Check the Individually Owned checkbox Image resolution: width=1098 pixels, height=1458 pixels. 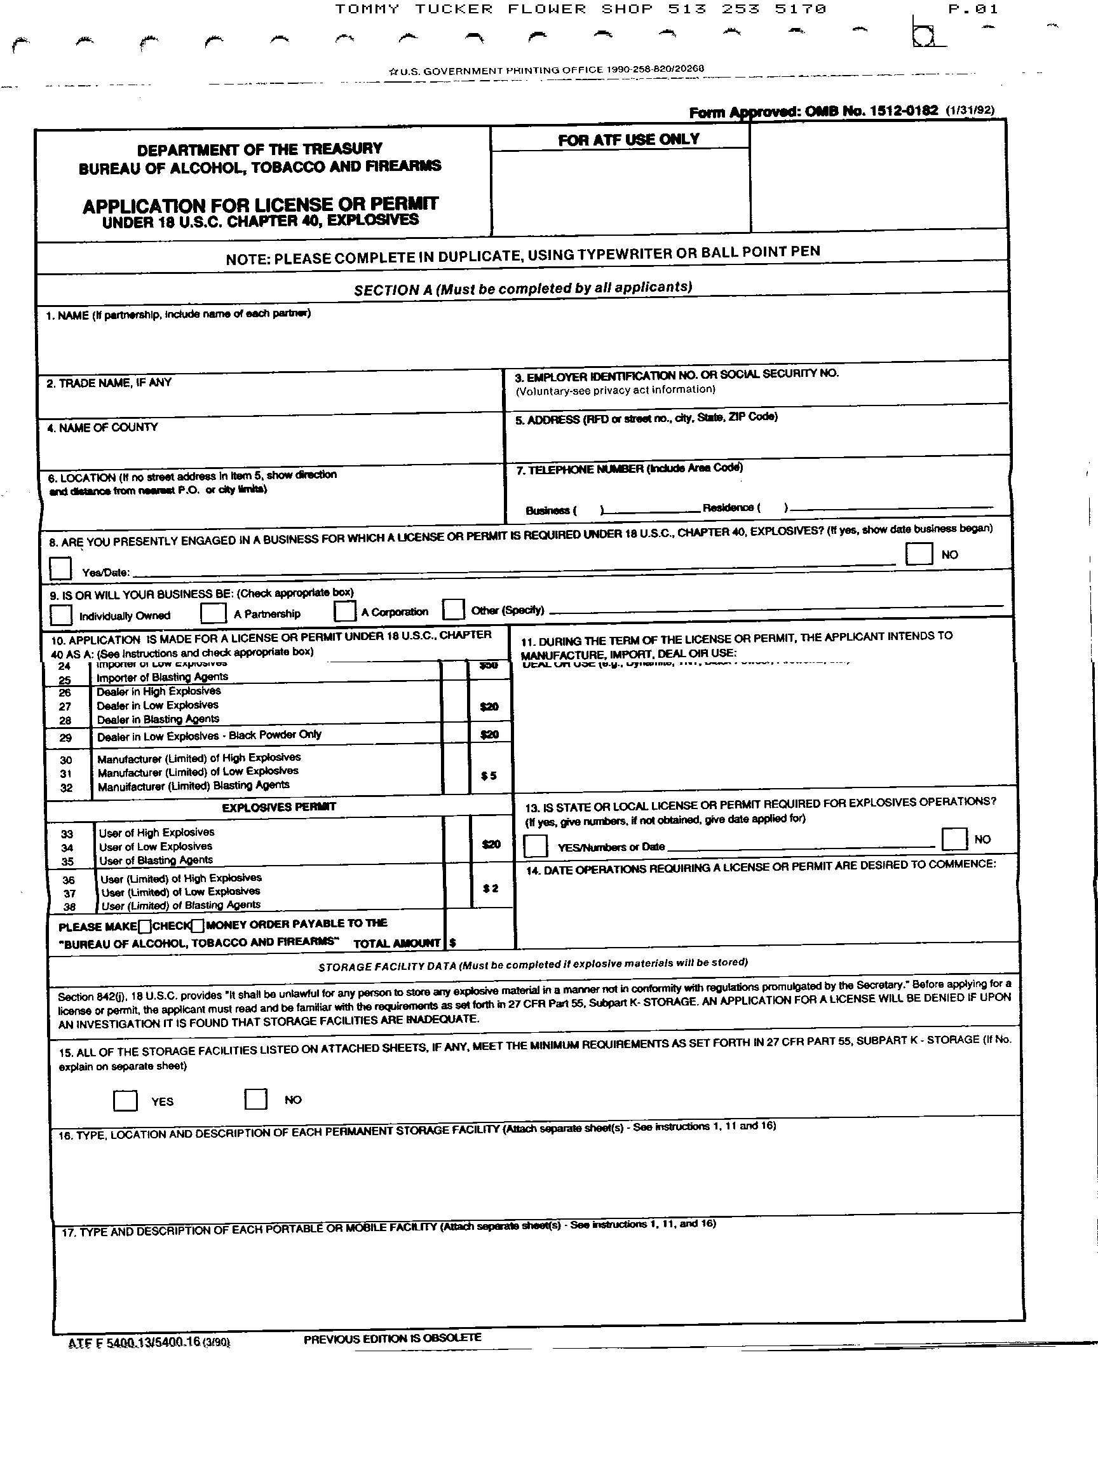pyautogui.click(x=60, y=615)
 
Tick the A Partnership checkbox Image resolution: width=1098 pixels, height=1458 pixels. pyautogui.click(x=213, y=612)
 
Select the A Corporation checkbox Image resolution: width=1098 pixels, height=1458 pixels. pyautogui.click(x=344, y=611)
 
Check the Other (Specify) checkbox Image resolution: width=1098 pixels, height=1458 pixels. pyautogui.click(x=454, y=609)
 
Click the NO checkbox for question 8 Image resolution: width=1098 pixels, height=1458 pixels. pyautogui.click(x=919, y=554)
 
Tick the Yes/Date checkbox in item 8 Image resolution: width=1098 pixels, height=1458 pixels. pyautogui.click(x=60, y=568)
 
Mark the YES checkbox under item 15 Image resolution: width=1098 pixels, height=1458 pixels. pyautogui.click(x=125, y=1100)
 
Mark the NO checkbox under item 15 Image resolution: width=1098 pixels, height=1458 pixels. pyautogui.click(x=255, y=1098)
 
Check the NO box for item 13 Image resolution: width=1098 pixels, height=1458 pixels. pyautogui.click(x=954, y=838)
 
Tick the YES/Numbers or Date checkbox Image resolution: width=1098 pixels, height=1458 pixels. pyautogui.click(x=535, y=846)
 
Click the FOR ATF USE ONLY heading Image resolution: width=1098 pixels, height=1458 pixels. pyautogui.click(x=628, y=140)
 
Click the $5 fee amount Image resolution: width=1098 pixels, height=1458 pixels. pyautogui.click(x=489, y=776)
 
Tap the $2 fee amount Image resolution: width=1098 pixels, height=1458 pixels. pyautogui.click(x=491, y=889)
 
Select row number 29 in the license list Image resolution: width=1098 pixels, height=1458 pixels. pyautogui.click(x=66, y=737)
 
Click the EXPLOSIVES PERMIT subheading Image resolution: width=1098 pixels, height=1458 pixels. pyautogui.click(x=279, y=807)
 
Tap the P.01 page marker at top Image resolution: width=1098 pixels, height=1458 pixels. pyautogui.click(x=973, y=10)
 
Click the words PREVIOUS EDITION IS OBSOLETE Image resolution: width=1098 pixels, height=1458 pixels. pyautogui.click(x=393, y=1338)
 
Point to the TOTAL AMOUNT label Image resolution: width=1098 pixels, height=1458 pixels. pyautogui.click(x=396, y=943)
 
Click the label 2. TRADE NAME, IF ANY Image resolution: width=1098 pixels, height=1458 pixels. pyautogui.click(x=109, y=383)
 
